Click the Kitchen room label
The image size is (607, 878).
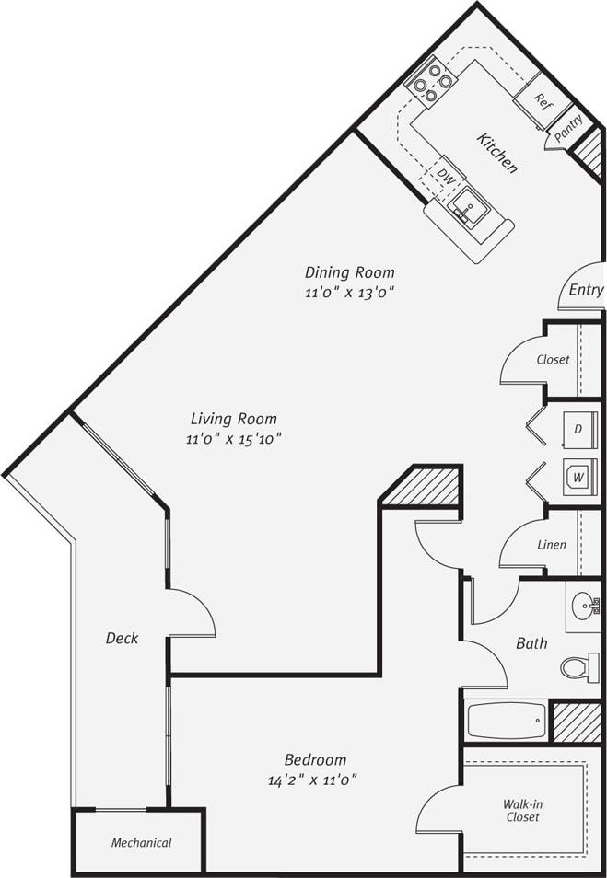point(497,153)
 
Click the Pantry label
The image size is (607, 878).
point(568,127)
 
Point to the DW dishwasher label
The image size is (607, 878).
point(446,174)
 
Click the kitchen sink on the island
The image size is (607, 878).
point(469,208)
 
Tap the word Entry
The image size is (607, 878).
point(586,290)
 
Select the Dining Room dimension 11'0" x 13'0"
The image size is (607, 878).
point(350,293)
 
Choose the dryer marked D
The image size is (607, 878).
point(578,429)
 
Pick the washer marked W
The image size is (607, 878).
point(578,478)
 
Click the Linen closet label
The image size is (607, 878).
point(552,545)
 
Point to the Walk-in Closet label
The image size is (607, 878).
point(522,811)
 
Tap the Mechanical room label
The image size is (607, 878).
point(142,843)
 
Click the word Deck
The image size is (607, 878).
point(122,638)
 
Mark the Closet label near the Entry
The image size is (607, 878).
point(553,360)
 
